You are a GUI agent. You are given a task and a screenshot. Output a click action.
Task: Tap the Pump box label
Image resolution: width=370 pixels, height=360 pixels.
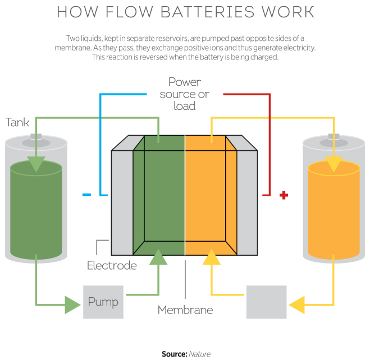[x=103, y=302]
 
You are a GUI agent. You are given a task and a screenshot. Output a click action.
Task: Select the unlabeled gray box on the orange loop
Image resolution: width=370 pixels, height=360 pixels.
[x=266, y=302]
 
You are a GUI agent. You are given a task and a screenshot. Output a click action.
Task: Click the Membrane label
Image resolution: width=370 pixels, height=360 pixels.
[x=185, y=310]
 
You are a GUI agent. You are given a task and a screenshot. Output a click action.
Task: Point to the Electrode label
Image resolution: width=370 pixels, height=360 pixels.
[x=112, y=265]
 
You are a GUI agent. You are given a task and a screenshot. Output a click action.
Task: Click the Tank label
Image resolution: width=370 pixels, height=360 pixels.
[x=17, y=122]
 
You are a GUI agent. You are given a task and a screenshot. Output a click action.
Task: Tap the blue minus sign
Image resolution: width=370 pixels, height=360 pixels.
[x=86, y=195]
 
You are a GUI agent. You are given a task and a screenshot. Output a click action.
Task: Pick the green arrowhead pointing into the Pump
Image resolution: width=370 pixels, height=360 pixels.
[x=72, y=304]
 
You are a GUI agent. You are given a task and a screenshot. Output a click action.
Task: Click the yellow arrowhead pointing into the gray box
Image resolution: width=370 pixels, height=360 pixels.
[x=297, y=304]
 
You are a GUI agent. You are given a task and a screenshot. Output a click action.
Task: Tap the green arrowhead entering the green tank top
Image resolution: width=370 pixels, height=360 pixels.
[x=36, y=164]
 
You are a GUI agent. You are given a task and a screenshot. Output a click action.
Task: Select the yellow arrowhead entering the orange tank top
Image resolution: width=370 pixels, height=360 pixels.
[x=334, y=164]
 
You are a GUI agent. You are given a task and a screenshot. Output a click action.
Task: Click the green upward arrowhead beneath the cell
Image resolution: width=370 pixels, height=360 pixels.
[x=159, y=257]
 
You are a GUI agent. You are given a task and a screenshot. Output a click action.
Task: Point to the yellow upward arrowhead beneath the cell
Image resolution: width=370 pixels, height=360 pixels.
[x=212, y=257]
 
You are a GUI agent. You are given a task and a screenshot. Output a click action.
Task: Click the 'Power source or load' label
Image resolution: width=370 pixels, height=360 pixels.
[x=185, y=94]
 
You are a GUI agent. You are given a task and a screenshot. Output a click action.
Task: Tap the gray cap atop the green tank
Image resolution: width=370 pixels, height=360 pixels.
[x=36, y=137]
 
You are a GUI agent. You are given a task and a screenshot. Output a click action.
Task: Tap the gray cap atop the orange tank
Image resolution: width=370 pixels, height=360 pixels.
[x=334, y=137]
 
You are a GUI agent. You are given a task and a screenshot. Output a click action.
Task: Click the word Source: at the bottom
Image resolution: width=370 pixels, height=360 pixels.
[x=174, y=354]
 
